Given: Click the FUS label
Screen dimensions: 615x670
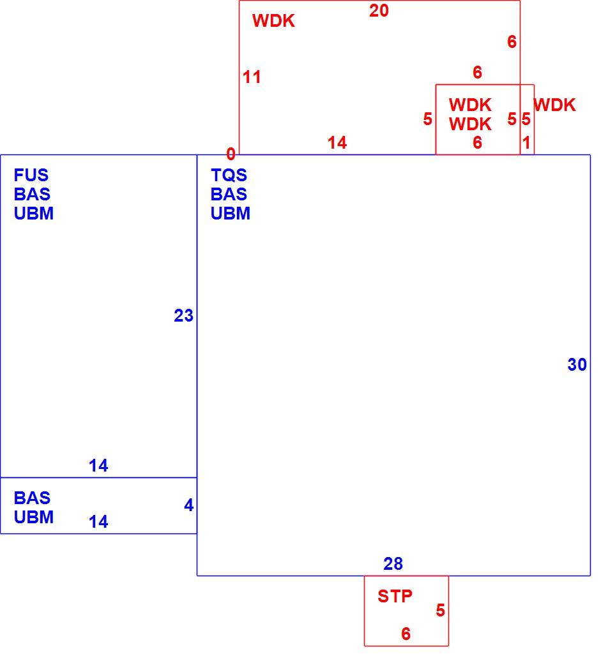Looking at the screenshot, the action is [x=31, y=175].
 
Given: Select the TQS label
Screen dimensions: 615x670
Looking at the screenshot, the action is [x=229, y=175].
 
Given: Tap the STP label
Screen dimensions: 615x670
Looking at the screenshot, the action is [x=395, y=596].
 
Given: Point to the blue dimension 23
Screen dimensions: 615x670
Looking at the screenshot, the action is [x=183, y=315].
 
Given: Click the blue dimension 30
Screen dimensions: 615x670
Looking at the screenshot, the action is [x=577, y=364].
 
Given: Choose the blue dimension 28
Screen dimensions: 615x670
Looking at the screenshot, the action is [x=393, y=563].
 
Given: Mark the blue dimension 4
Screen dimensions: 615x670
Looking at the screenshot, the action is [x=188, y=505].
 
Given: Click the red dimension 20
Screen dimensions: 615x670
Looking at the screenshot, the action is [x=379, y=11].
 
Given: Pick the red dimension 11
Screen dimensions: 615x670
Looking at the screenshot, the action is [x=252, y=77].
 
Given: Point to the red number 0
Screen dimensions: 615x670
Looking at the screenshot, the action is [x=231, y=154].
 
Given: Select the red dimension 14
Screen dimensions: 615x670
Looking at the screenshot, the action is [x=337, y=143].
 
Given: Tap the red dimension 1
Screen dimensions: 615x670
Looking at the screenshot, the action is [x=526, y=142].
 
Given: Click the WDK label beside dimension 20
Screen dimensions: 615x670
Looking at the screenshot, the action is [x=273, y=20].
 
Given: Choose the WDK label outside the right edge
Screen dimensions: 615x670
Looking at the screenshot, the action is [x=555, y=105].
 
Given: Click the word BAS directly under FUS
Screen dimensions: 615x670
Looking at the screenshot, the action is [x=32, y=194].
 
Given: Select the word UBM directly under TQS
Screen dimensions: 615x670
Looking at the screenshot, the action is [x=231, y=213].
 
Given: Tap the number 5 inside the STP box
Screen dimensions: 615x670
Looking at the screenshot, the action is [x=441, y=610].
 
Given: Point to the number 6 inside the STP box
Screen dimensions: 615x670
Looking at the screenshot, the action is [x=406, y=634].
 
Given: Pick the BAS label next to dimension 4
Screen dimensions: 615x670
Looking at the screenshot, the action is [x=32, y=498].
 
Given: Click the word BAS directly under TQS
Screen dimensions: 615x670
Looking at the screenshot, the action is [x=229, y=194].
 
